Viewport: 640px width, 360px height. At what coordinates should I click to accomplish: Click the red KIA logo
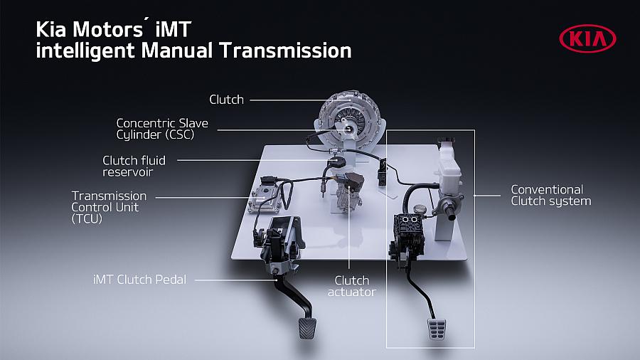click(587, 39)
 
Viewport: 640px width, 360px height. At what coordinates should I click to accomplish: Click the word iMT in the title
click(173, 29)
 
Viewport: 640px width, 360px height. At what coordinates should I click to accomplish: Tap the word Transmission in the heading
click(285, 51)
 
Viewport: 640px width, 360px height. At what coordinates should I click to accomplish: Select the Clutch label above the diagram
click(226, 100)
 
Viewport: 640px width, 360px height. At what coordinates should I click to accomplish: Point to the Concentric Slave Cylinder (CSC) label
click(162, 129)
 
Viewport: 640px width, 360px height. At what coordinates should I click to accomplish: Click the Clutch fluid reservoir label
click(134, 166)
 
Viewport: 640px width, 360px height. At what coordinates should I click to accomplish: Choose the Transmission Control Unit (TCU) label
click(109, 207)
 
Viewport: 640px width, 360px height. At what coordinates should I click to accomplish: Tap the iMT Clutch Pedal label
click(139, 280)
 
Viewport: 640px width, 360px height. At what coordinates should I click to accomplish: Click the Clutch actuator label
click(351, 286)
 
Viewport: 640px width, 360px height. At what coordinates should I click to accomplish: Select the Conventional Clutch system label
click(550, 195)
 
